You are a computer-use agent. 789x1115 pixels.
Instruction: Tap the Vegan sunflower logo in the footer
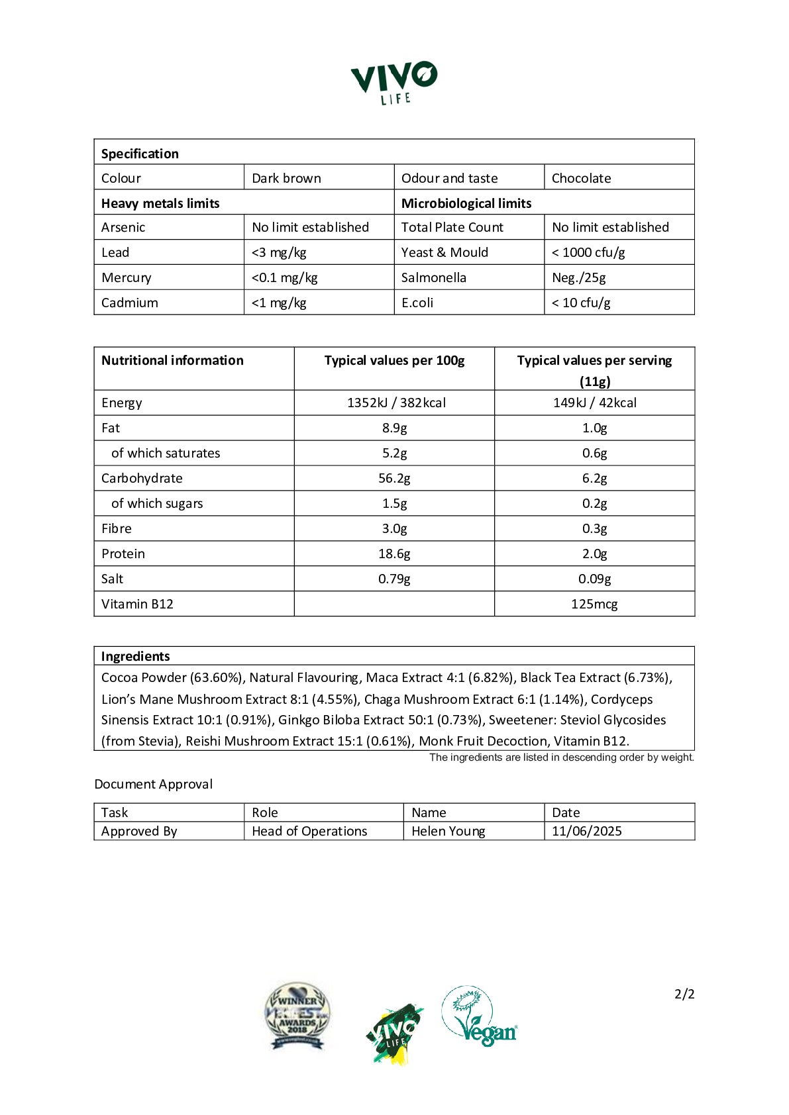pos(479,1016)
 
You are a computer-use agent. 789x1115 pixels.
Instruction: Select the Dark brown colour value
pos(286,178)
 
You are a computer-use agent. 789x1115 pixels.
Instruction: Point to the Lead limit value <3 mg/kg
pos(279,252)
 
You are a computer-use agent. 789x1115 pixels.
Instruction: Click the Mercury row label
pos(126,277)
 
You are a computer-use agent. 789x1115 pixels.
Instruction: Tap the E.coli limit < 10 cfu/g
pos(581,303)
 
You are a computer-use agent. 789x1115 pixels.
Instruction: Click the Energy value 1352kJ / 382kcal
pos(396,403)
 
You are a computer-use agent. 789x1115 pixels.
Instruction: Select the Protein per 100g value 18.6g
pos(394,554)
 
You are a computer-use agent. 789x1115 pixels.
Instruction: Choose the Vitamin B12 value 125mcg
pos(594,604)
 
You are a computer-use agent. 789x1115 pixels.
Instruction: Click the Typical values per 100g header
pos(394,360)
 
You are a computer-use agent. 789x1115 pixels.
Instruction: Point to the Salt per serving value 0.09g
pos(594,579)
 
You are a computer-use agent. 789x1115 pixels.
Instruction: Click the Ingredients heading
pos(135,656)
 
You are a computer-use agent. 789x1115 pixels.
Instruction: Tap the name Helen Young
pos(448,831)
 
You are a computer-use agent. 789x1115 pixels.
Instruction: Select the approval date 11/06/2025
pos(586,831)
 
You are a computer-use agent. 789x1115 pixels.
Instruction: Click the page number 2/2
pos(684,994)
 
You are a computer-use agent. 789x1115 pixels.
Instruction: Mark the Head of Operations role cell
pos(309,831)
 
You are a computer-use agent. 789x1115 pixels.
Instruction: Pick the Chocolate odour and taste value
pos(581,178)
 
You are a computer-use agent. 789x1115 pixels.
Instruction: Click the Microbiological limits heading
pos(466,203)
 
